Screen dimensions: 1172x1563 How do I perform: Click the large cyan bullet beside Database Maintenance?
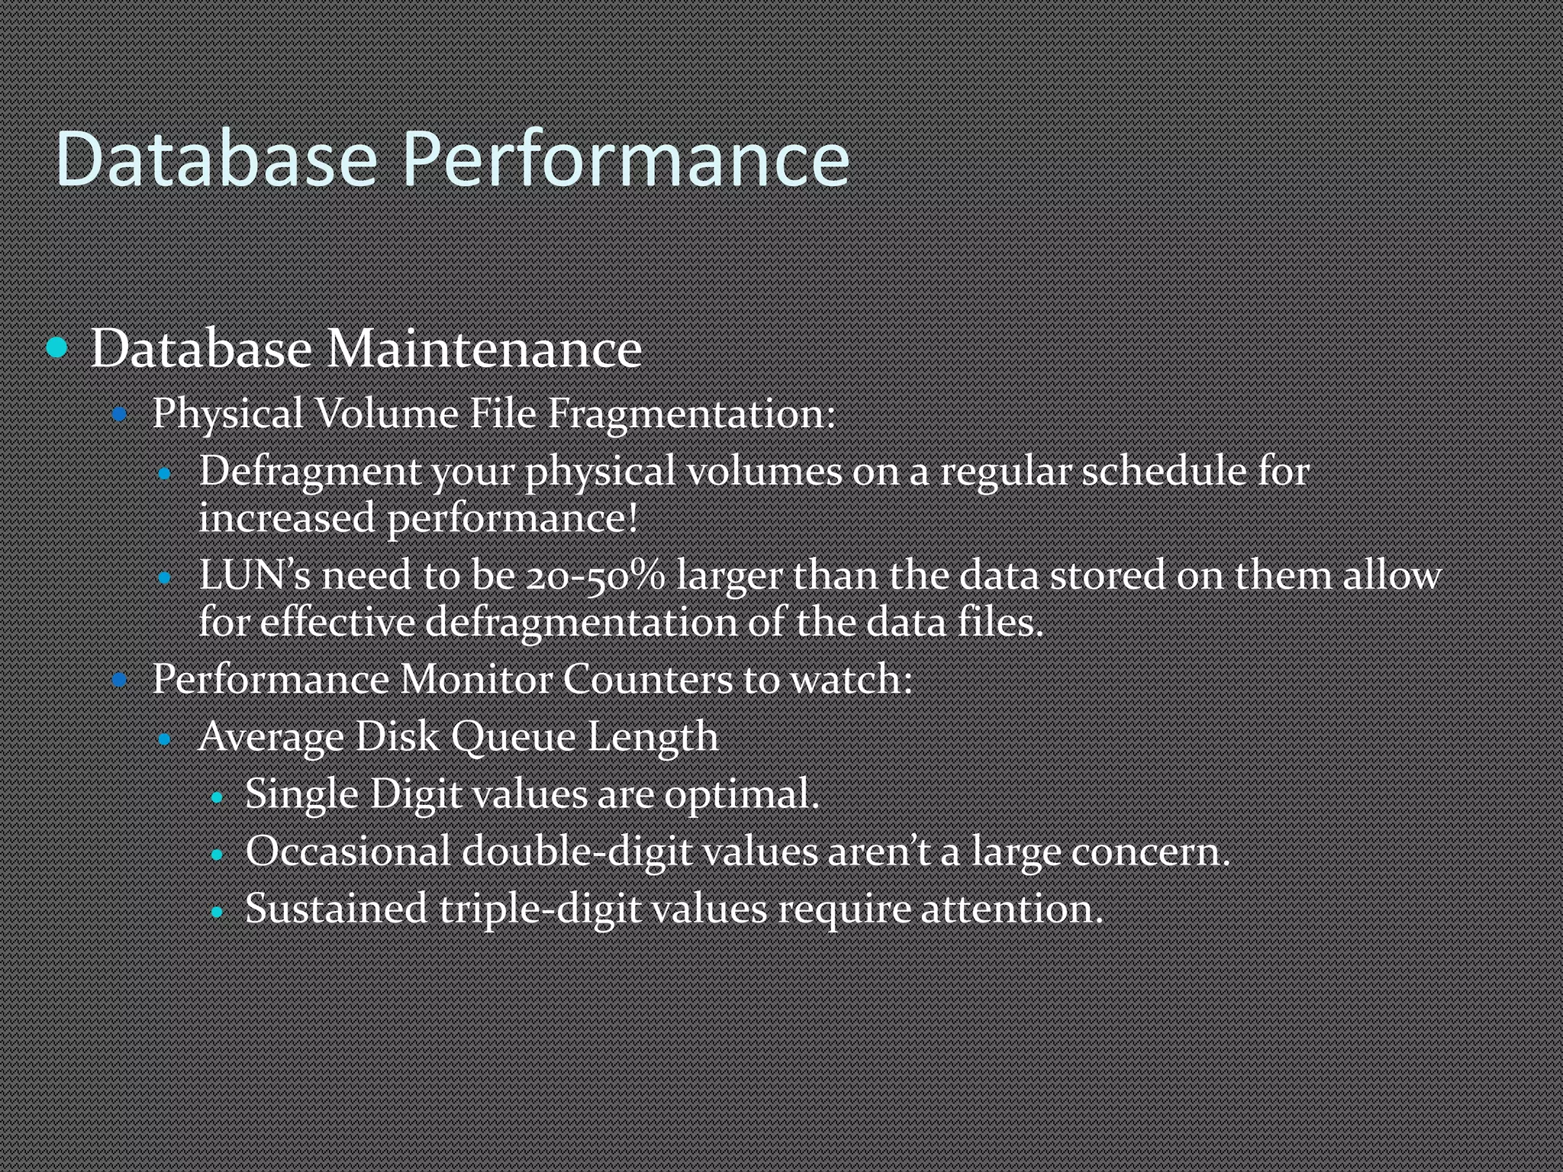tap(57, 348)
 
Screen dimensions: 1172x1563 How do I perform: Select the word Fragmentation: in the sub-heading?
tap(691, 414)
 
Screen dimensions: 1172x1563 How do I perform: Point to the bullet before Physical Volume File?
tap(119, 415)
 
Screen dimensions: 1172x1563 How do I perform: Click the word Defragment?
tap(309, 472)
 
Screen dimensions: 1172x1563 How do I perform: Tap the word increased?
tap(286, 519)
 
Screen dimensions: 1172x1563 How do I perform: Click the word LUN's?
tap(255, 575)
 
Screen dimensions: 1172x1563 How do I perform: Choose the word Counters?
tap(648, 678)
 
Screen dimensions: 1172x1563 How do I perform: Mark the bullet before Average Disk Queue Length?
tap(165, 739)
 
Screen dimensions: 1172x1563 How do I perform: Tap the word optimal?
tap(741, 794)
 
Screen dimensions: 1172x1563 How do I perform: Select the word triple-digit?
tap(540, 909)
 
